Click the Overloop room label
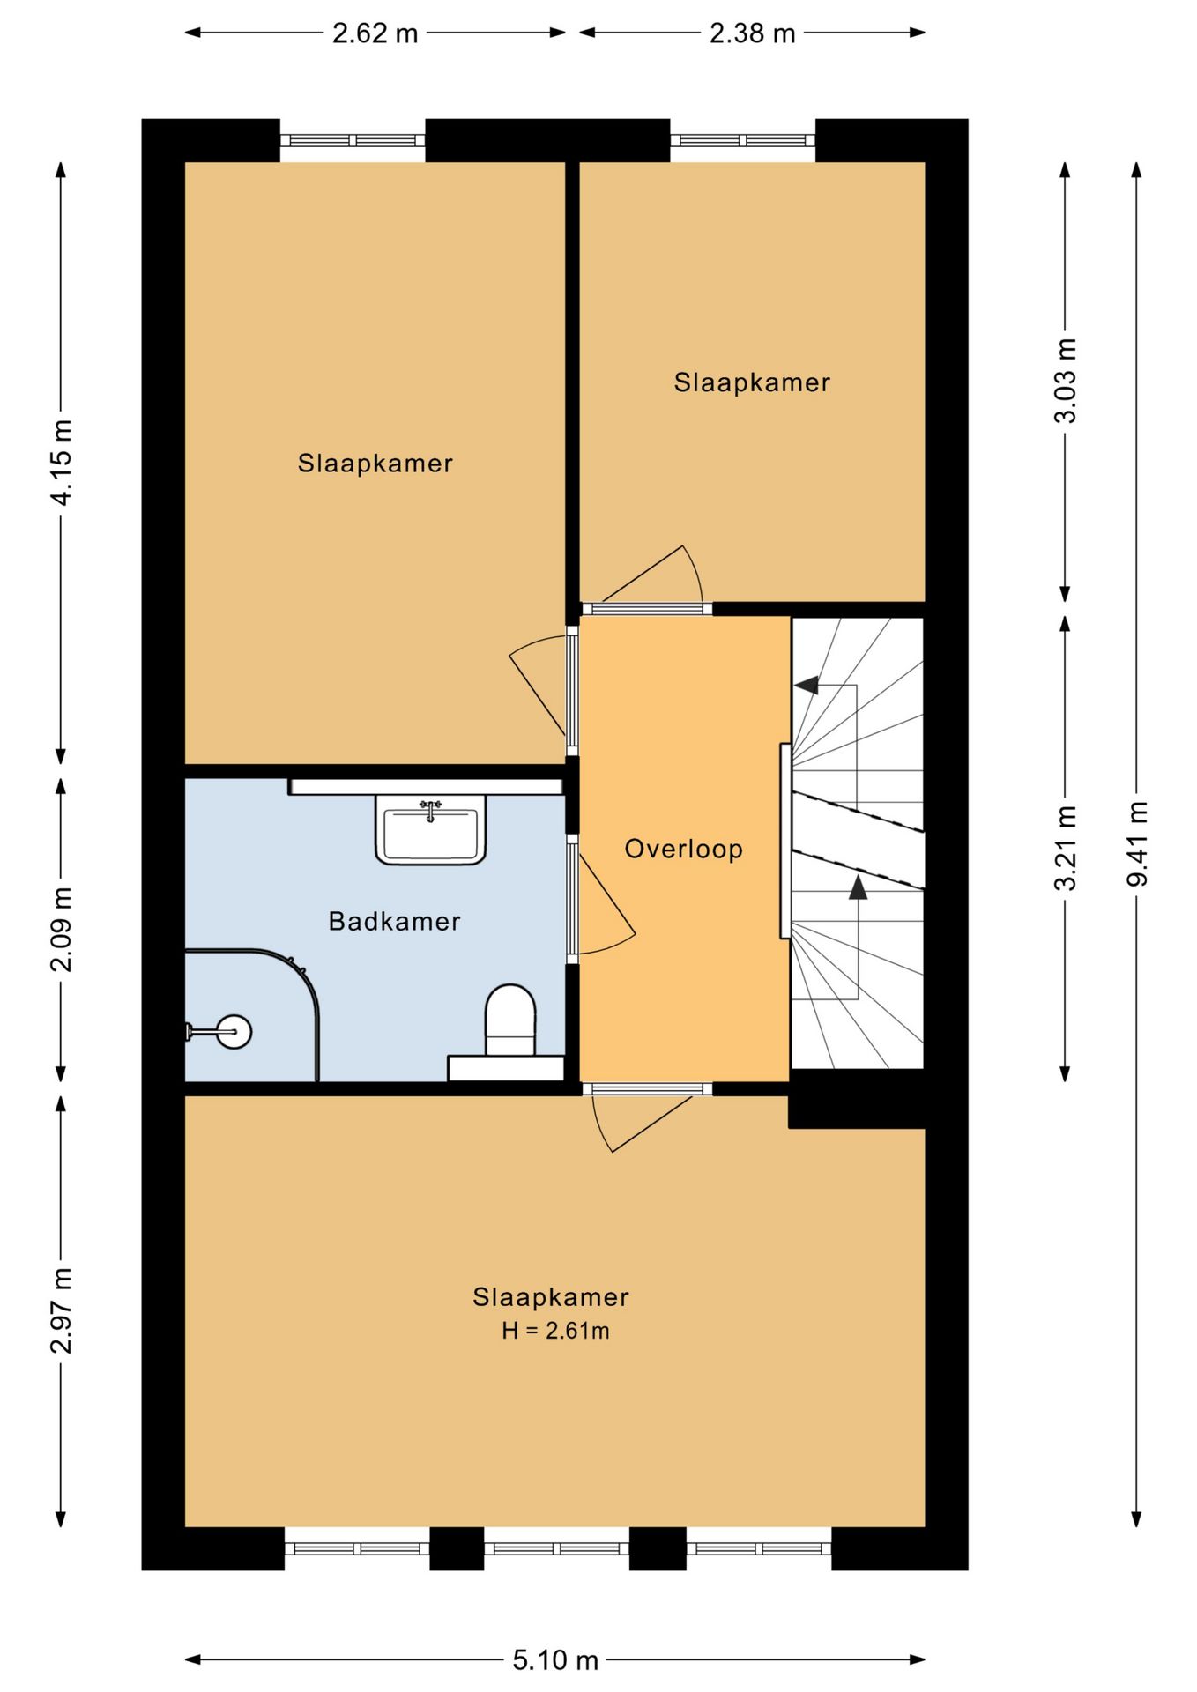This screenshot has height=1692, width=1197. (x=683, y=849)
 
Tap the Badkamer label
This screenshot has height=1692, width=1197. (x=394, y=921)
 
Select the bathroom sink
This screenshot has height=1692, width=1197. (x=431, y=829)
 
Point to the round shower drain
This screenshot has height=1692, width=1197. (x=234, y=1031)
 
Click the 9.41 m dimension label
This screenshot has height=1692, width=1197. (x=1137, y=844)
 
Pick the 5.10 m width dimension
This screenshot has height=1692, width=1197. (x=555, y=1660)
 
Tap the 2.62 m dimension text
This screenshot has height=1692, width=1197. (x=375, y=33)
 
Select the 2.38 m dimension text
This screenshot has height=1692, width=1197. (x=752, y=33)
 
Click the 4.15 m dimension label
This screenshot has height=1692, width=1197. (x=61, y=462)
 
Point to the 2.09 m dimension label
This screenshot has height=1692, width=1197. (x=61, y=929)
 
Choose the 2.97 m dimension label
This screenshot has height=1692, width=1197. (x=61, y=1310)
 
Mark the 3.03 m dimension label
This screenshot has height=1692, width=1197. (x=1065, y=381)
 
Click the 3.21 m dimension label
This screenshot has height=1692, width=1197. (x=1065, y=848)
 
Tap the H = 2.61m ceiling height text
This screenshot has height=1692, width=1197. (x=555, y=1330)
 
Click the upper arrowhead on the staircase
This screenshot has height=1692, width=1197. (x=806, y=685)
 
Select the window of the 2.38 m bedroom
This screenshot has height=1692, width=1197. (x=742, y=140)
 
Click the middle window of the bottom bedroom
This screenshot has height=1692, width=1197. (x=556, y=1548)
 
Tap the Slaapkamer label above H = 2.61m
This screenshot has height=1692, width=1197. (x=551, y=1296)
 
